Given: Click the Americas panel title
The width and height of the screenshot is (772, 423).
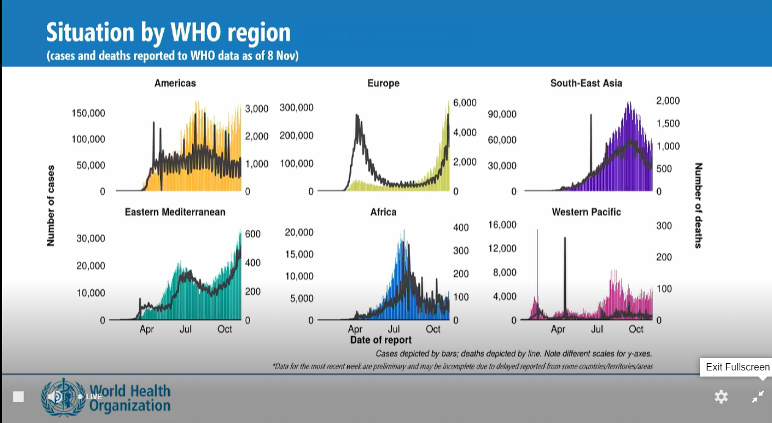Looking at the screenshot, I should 175,83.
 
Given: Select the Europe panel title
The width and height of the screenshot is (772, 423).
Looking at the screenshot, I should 383,83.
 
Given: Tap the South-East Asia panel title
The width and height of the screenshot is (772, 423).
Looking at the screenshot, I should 586,83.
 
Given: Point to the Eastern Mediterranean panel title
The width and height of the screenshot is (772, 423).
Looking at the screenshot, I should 175,212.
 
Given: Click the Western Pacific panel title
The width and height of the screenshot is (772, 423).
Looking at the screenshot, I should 586,212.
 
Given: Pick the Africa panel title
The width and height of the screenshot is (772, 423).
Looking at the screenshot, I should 383,212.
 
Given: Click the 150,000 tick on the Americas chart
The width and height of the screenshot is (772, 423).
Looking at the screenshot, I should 89,113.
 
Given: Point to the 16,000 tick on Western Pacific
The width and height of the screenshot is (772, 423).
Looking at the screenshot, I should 502,225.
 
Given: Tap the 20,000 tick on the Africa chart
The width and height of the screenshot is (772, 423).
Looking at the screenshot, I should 300,232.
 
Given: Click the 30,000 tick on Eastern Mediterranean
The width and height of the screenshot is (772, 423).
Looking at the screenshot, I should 91,238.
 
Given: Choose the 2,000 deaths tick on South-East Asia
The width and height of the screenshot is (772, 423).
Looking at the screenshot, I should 667,100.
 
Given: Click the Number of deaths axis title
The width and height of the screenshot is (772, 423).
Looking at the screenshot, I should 699,205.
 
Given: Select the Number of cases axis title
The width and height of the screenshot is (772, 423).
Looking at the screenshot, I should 51,205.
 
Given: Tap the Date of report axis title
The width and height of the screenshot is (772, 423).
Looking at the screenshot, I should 381,340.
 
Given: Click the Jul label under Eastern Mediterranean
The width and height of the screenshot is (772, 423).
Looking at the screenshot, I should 185,329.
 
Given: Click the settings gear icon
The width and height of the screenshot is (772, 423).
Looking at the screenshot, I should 721,397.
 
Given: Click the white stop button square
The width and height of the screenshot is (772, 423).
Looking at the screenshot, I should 18,397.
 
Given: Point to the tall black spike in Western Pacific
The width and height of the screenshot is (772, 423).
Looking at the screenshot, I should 565,275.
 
